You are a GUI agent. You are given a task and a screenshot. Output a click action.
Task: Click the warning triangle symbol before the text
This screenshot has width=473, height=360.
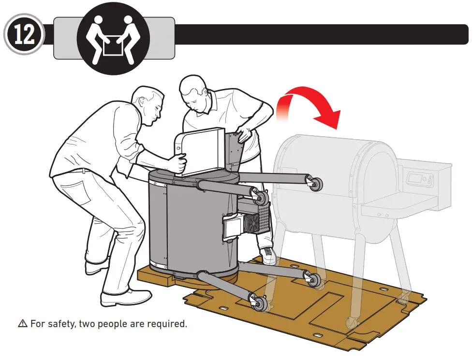[x=23, y=324]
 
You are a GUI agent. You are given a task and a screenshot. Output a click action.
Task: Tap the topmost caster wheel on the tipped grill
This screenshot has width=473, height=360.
[x=317, y=183]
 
